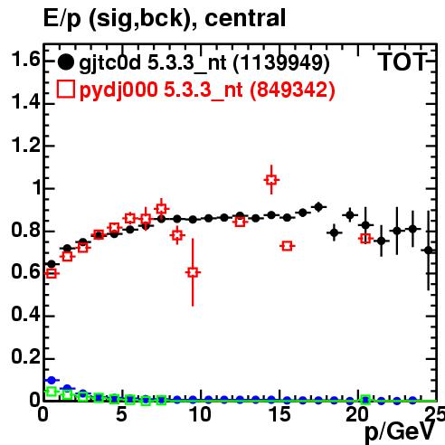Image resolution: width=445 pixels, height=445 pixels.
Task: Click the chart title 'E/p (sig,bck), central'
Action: click(165, 18)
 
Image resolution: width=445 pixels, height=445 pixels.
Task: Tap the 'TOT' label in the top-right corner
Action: click(402, 62)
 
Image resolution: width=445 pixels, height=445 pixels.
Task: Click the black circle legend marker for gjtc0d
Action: click(65, 62)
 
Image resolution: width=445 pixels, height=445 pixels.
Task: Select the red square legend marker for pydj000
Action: click(65, 89)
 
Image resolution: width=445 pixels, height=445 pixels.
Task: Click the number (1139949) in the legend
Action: click(282, 63)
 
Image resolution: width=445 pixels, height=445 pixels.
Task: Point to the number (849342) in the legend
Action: click(292, 90)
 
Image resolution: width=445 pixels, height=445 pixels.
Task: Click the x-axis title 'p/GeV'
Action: click(400, 431)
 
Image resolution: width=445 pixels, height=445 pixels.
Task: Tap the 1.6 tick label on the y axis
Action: click(25, 59)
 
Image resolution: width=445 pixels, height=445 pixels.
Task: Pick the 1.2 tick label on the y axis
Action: click(25, 145)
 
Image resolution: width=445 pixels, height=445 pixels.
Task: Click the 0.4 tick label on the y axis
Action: click(25, 315)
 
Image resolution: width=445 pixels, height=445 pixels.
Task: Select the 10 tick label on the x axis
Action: click(200, 414)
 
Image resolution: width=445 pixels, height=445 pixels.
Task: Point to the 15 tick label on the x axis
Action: click(279, 414)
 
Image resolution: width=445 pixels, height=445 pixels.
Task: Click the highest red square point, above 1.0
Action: click(271, 180)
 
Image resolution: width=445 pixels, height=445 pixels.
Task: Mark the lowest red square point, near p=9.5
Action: click(193, 272)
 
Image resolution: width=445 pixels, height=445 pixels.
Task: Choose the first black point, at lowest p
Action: click(52, 264)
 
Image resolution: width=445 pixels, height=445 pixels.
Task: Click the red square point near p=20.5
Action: click(365, 239)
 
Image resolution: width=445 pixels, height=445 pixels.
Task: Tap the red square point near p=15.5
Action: click(287, 246)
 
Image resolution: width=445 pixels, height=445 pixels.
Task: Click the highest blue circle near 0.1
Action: click(52, 380)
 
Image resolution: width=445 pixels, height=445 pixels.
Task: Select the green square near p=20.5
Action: click(365, 400)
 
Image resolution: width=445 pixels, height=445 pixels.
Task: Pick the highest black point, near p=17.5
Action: click(318, 207)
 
